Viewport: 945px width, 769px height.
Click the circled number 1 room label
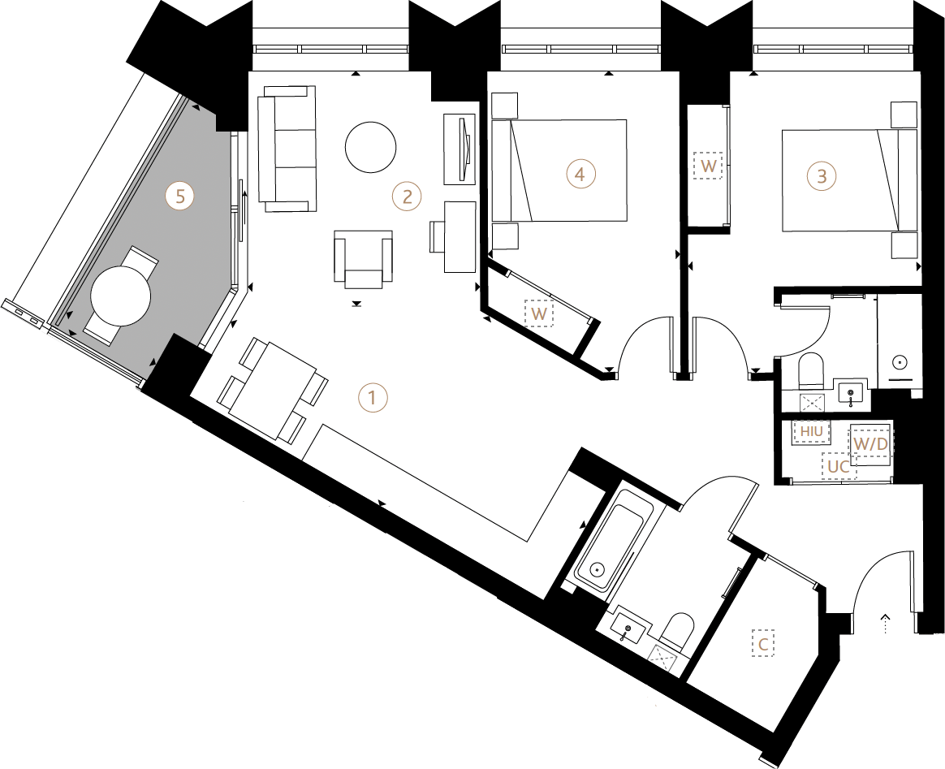(x=373, y=398)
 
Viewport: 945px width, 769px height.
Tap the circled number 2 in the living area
(x=407, y=196)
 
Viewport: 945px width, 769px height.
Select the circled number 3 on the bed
(x=822, y=175)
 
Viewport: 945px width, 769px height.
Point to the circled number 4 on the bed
(x=580, y=174)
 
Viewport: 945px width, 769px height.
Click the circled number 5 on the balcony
(x=179, y=196)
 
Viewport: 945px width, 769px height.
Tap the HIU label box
(x=811, y=431)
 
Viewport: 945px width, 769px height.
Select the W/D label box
(x=869, y=443)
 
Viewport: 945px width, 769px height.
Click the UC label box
(x=839, y=467)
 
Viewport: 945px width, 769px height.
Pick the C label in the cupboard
(x=763, y=645)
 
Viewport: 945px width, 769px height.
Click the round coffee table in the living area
(x=371, y=147)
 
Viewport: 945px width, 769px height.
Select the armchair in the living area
(x=363, y=258)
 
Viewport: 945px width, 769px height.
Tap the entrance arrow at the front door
(x=886, y=624)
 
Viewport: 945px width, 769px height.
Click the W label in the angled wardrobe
(x=537, y=313)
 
